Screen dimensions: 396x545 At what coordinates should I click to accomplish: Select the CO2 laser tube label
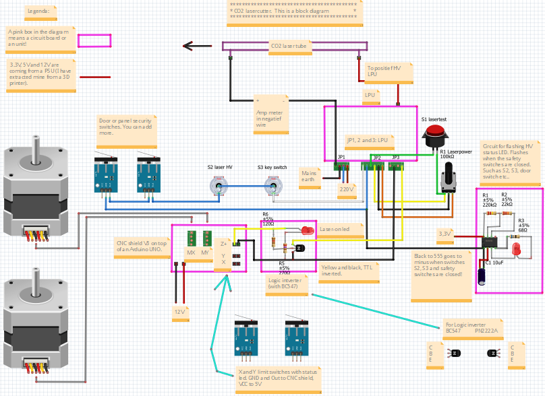coord(289,46)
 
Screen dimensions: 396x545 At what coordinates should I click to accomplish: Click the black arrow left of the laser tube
coord(197,46)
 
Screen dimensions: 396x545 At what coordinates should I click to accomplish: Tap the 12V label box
coord(179,312)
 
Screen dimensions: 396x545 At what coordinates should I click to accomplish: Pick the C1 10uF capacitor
coord(483,277)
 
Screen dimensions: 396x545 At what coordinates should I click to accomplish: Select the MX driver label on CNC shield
coord(191,253)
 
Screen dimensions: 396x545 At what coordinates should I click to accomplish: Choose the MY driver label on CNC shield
coord(204,253)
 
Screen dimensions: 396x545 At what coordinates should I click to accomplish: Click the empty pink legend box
coord(94,40)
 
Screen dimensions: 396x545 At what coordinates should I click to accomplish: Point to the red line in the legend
coord(94,77)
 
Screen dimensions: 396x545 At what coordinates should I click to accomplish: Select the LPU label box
coord(370,95)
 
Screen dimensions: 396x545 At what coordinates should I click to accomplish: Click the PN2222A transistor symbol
coord(493,353)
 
